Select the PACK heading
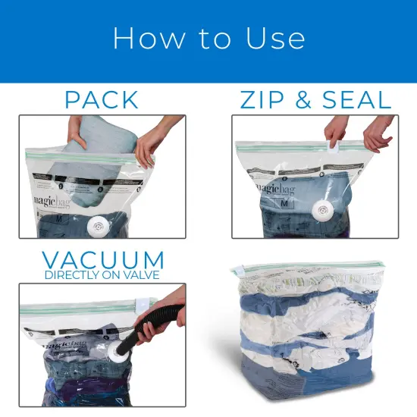(102, 99)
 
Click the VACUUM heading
(102, 260)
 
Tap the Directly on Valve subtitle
(102, 275)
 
